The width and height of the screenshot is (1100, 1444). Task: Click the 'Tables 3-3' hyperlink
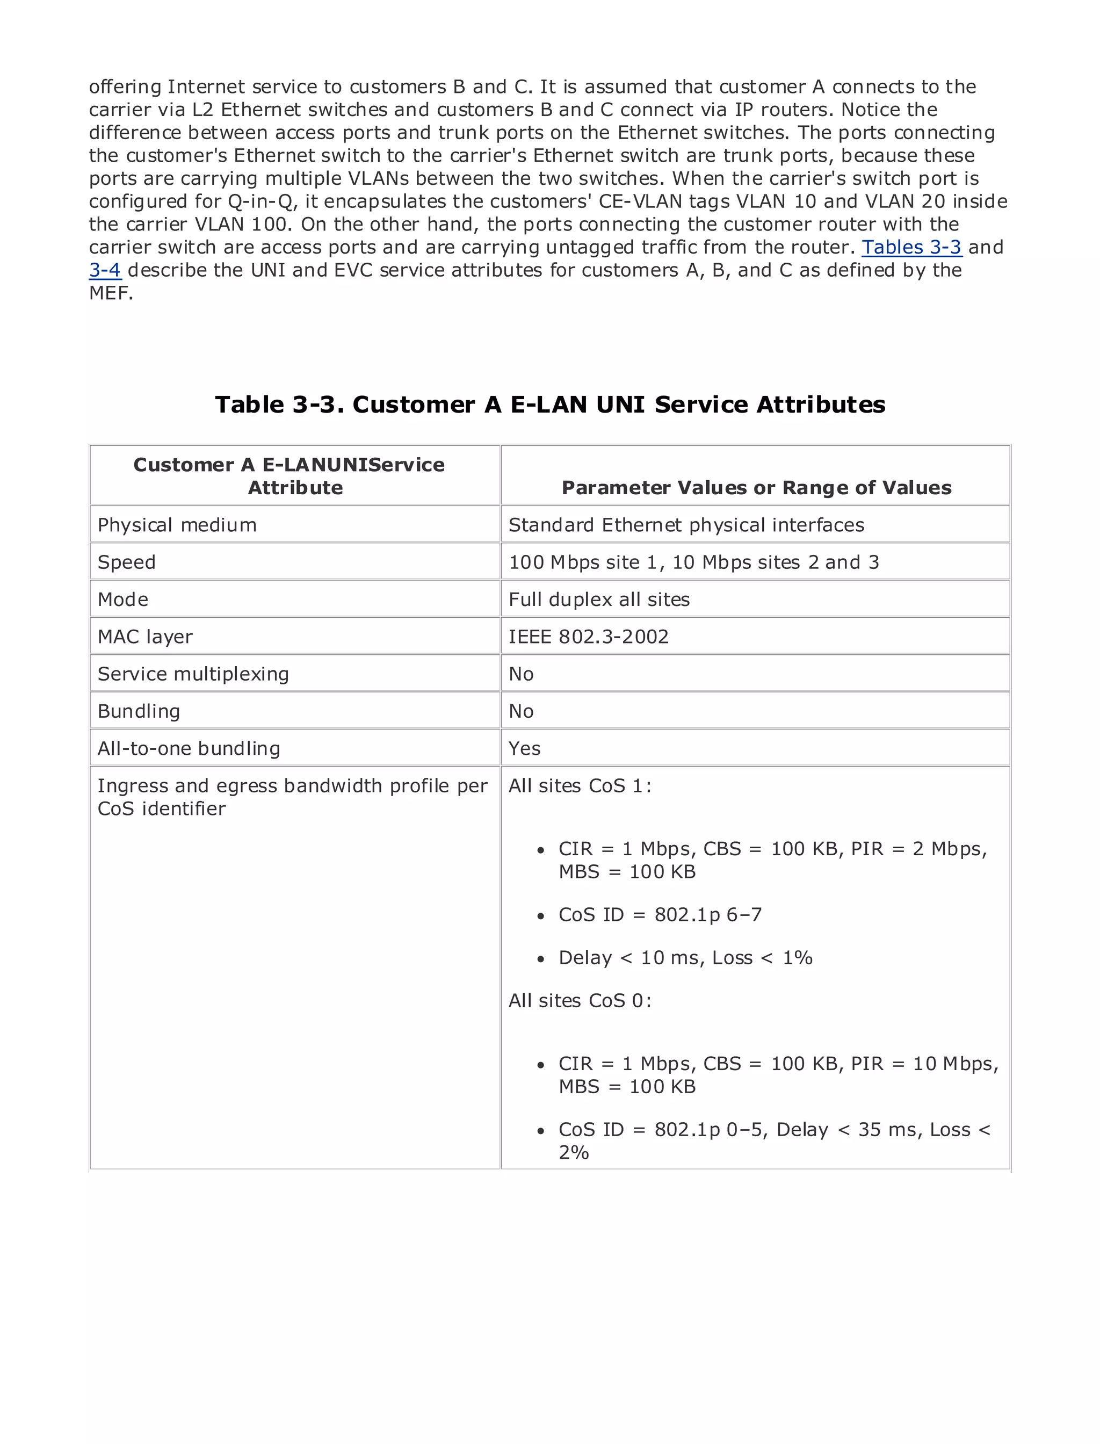tap(911, 248)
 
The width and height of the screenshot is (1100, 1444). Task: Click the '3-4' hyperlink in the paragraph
tap(105, 270)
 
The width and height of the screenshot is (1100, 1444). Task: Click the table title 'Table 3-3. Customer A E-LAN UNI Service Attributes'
tap(550, 405)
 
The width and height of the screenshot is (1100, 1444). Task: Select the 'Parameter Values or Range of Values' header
tap(756, 488)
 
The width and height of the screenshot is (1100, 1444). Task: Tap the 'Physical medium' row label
tap(177, 525)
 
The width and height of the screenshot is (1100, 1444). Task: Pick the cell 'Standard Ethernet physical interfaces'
tap(686, 525)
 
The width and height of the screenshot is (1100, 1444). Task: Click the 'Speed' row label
tap(126, 562)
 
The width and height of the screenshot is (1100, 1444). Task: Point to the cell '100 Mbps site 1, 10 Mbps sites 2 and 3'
tap(693, 562)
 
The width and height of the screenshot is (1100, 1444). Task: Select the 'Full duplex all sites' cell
tap(599, 600)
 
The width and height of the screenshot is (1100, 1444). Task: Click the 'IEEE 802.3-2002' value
tap(589, 637)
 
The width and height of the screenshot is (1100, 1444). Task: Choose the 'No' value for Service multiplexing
tap(521, 675)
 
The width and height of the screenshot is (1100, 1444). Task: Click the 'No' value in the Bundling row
tap(521, 712)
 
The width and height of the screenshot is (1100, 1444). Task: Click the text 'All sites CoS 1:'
tap(580, 786)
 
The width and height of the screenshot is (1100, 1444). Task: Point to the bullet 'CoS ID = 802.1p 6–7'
tap(660, 915)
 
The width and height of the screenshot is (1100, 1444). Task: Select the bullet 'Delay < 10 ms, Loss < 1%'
tap(685, 958)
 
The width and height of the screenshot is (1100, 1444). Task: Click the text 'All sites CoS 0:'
tap(580, 1001)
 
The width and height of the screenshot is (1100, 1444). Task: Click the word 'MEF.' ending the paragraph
tap(111, 293)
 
